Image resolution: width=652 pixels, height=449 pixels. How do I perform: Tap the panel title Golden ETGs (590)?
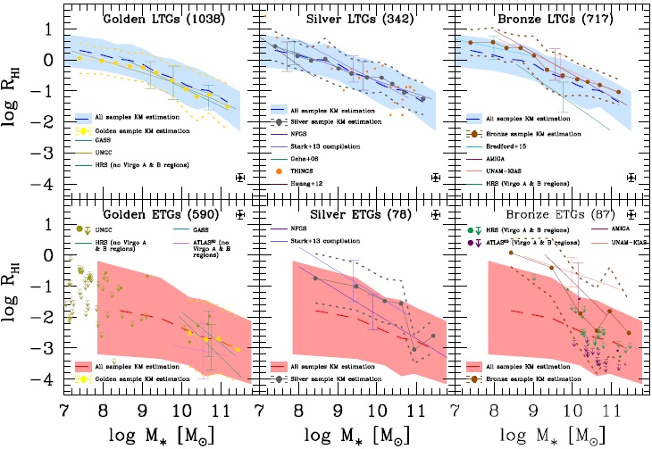coord(138,215)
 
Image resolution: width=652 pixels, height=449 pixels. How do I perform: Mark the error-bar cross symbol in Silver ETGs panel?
coord(435,214)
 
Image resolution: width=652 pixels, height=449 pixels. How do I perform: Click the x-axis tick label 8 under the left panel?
coord(103,410)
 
